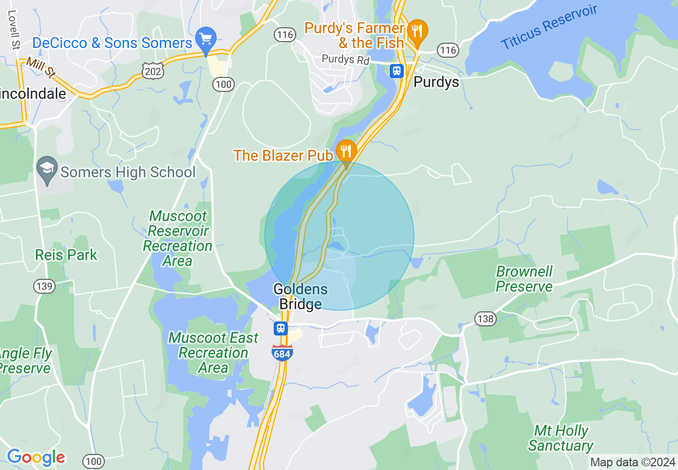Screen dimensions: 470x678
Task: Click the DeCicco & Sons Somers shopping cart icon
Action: coord(206,38)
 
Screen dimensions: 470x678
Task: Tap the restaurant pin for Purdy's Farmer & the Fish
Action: coord(417,31)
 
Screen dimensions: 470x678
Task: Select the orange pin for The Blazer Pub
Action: coord(346,152)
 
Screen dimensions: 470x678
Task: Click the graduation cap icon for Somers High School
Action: coord(47,168)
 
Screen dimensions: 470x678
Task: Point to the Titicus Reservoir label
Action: coord(549,28)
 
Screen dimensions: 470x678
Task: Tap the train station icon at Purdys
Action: coord(397,70)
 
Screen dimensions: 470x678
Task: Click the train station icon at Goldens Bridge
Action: coord(280,328)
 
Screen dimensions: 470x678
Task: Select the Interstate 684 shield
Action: coord(282,352)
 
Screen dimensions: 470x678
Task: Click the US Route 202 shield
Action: coord(153,70)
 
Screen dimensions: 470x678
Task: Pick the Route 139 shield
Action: coord(44,286)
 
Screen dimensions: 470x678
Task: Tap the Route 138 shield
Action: coord(485,319)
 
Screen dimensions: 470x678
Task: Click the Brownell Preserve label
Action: coord(524,279)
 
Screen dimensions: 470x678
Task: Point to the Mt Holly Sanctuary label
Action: coord(561,438)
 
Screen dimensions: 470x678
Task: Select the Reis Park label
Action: coord(66,255)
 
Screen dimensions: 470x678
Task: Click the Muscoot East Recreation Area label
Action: coord(213,352)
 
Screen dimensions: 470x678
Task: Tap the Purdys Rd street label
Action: coord(345,60)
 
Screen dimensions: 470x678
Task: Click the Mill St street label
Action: coord(41,68)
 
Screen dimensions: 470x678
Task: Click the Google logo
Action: coord(36,457)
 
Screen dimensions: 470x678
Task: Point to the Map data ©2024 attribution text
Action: coord(633,462)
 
